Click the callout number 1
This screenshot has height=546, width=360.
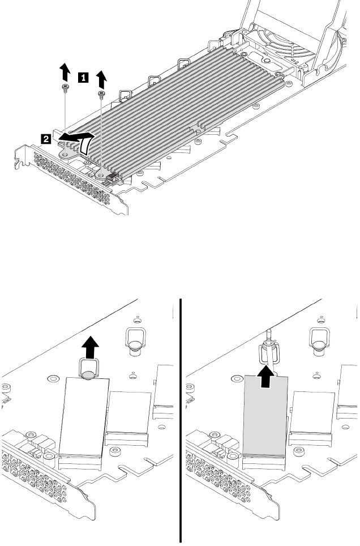point(83,74)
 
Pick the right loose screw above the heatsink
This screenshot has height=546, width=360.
point(102,93)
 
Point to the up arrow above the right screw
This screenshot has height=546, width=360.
point(102,78)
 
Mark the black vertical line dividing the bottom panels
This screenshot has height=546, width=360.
point(181,420)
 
